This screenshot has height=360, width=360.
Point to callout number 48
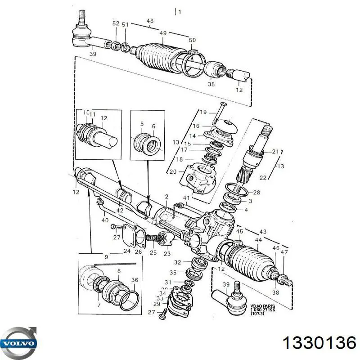tap(150, 21)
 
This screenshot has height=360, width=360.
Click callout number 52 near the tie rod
tap(116, 23)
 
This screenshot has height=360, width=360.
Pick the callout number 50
tap(192, 40)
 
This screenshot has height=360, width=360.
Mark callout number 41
tap(185, 198)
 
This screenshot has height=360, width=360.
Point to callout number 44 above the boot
tap(258, 240)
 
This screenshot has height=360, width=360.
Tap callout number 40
tap(105, 220)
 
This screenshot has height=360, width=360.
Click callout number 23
tap(167, 253)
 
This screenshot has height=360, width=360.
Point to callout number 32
tap(178, 262)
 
